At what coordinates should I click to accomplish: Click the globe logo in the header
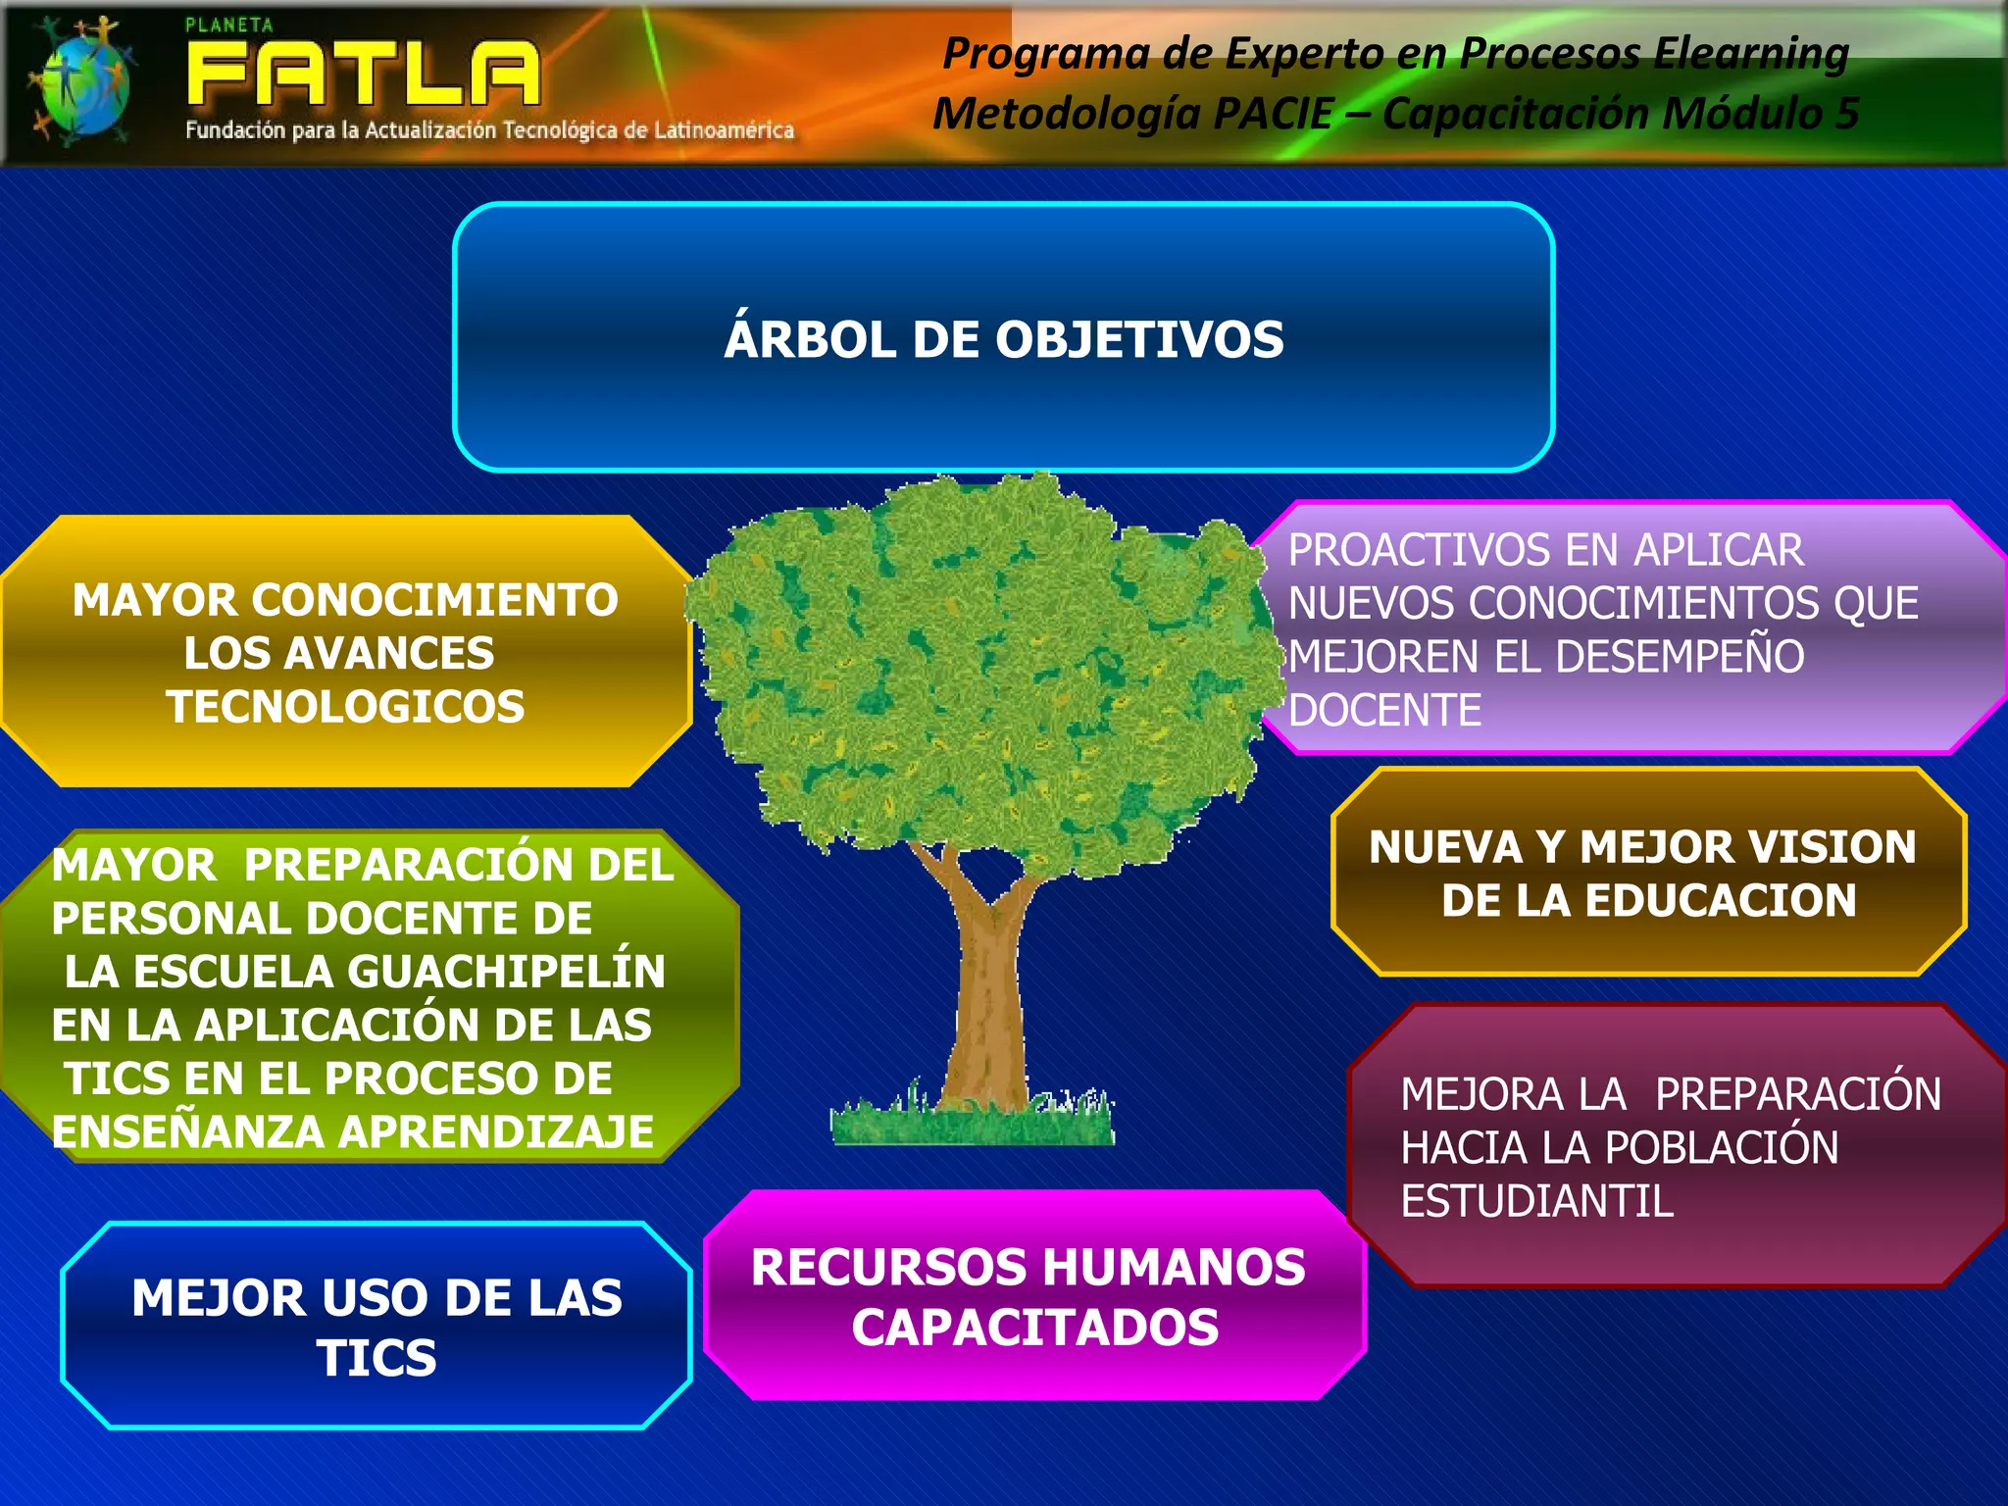pyautogui.click(x=80, y=82)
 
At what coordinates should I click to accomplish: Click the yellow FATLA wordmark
pyautogui.click(x=363, y=75)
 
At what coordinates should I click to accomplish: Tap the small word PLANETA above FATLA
pyautogui.click(x=229, y=25)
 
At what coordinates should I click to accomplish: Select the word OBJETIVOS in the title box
pyautogui.click(x=1139, y=340)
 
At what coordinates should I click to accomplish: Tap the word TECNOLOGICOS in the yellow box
pyautogui.click(x=345, y=707)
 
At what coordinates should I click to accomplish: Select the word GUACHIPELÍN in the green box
pyautogui.click(x=506, y=972)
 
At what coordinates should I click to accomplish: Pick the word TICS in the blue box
pyautogui.click(x=376, y=1359)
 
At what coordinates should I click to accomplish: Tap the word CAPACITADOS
pyautogui.click(x=1035, y=1329)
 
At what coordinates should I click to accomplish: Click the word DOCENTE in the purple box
pyautogui.click(x=1384, y=711)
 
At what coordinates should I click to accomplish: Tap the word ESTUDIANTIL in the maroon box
pyautogui.click(x=1536, y=1202)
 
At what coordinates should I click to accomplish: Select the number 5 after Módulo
pyautogui.click(x=1847, y=114)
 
